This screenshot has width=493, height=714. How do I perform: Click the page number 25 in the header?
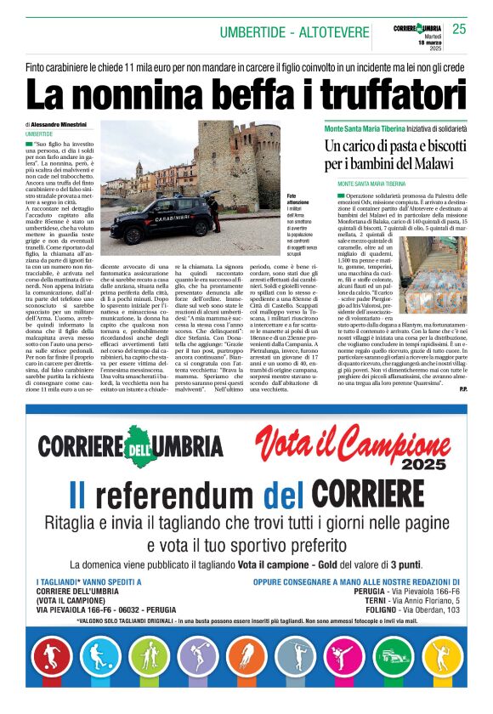(459, 30)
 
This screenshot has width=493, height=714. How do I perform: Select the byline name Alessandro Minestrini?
(67, 124)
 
